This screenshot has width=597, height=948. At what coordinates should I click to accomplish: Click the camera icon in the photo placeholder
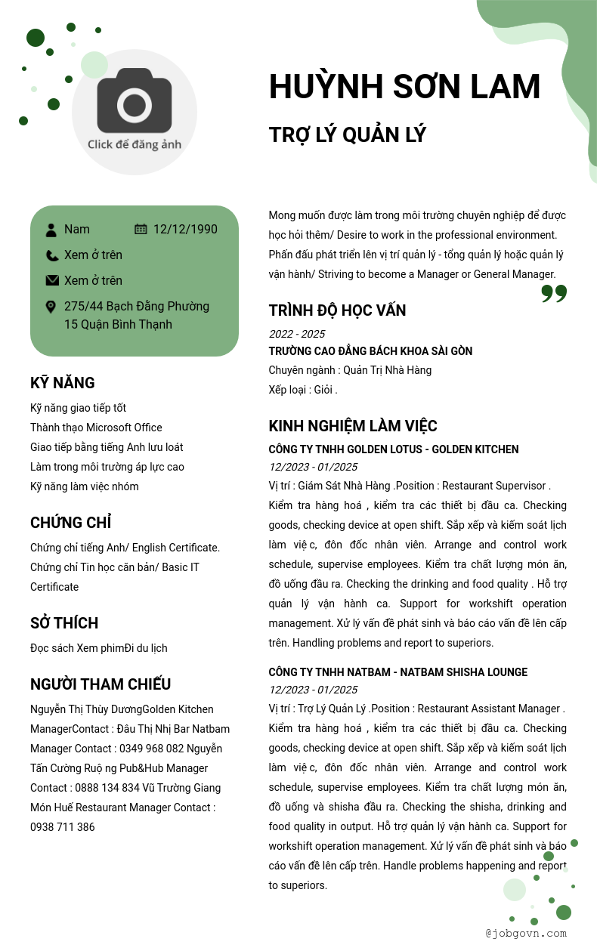[135, 100]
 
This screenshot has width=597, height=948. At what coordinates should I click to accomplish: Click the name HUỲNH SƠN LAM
[404, 86]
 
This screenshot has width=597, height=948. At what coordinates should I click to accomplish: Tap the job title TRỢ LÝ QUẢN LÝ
[348, 135]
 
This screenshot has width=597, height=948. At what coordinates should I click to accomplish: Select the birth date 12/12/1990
[185, 230]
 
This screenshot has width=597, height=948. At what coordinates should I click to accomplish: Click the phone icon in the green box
[51, 255]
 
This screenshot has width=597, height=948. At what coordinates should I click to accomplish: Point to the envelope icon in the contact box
[51, 281]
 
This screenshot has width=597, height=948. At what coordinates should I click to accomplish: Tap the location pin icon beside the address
[51, 307]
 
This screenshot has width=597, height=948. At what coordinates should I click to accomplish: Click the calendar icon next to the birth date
[141, 230]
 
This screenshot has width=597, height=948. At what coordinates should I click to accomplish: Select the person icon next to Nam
[51, 230]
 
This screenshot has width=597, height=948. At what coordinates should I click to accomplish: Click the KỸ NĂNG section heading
[63, 383]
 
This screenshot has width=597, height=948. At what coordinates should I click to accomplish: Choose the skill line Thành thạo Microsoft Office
[96, 428]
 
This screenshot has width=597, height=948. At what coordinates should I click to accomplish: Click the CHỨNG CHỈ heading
[71, 523]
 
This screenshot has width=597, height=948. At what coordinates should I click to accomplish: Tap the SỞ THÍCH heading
[64, 623]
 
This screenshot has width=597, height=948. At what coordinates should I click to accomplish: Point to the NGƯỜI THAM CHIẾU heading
[101, 684]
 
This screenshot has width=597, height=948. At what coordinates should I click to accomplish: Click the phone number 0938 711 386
[63, 827]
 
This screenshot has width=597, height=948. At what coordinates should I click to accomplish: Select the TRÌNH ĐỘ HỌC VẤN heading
[337, 310]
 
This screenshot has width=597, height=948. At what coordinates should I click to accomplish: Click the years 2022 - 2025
[297, 334]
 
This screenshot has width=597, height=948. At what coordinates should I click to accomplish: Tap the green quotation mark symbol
[554, 294]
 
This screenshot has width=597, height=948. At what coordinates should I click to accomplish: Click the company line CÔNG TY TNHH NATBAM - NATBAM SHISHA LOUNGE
[397, 672]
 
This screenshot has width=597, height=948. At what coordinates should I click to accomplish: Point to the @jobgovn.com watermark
[526, 933]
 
